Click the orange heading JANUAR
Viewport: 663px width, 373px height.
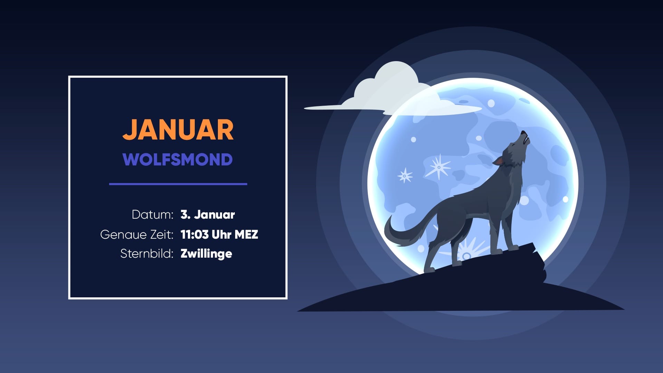pyautogui.click(x=178, y=130)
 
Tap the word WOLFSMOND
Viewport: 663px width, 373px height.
pyautogui.click(x=177, y=160)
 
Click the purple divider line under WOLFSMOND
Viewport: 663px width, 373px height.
pyautogui.click(x=178, y=184)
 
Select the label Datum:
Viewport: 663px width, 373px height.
pyautogui.click(x=152, y=214)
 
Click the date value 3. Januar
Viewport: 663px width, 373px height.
pyautogui.click(x=208, y=214)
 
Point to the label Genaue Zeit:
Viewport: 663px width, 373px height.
pyautogui.click(x=137, y=235)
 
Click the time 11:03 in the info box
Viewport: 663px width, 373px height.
pyautogui.click(x=194, y=235)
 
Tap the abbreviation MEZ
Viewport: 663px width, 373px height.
pyautogui.click(x=246, y=235)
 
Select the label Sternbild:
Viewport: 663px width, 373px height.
pyautogui.click(x=147, y=254)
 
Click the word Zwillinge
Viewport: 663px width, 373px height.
pyautogui.click(x=206, y=254)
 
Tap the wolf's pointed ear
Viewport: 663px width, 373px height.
pyautogui.click(x=499, y=161)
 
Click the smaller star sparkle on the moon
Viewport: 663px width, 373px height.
pyautogui.click(x=405, y=175)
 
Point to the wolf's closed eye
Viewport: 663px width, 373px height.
pyautogui.click(x=513, y=145)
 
